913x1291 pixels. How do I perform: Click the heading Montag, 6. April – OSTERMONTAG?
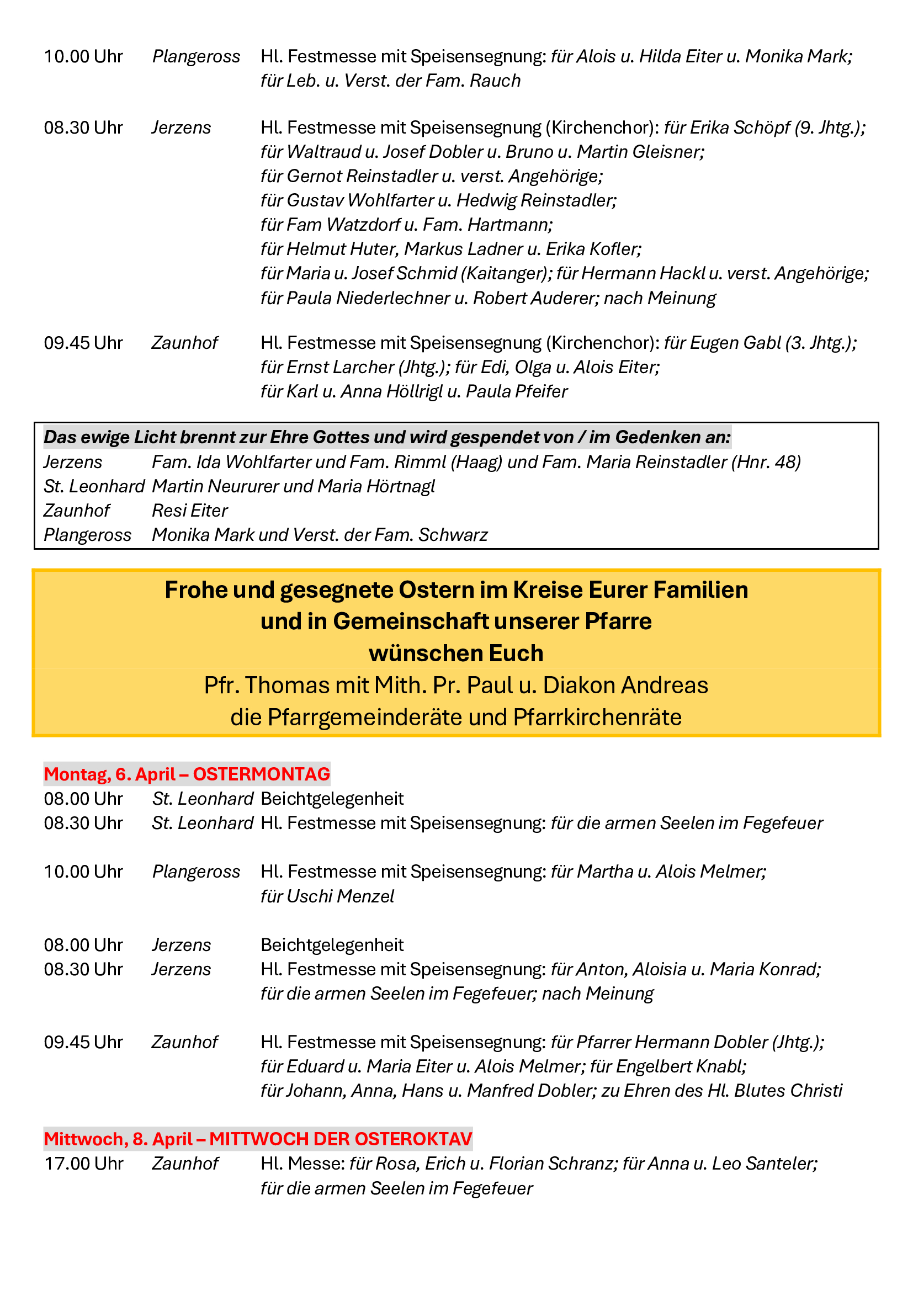pos(187,774)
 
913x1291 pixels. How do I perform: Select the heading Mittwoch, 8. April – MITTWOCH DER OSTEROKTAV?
pos(258,1139)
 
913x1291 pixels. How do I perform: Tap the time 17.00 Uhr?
pos(83,1164)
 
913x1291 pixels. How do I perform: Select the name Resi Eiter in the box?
pos(190,511)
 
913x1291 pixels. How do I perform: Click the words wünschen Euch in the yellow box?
pos(456,654)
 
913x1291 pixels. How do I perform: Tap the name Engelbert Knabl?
pos(681,1067)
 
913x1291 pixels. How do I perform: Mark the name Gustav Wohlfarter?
pos(360,200)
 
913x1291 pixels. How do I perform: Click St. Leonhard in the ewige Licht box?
pos(94,486)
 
